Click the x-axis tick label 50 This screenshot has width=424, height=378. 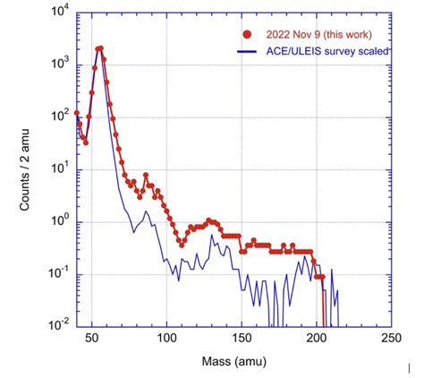pyautogui.click(x=92, y=339)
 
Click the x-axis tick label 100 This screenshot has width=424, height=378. pyautogui.click(x=166, y=339)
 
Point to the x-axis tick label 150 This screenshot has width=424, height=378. pyautogui.click(x=241, y=339)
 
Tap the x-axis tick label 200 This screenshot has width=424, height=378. pyautogui.click(x=315, y=339)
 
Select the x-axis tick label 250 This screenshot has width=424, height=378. pyautogui.click(x=389, y=339)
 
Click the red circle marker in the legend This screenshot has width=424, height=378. pyautogui.click(x=247, y=35)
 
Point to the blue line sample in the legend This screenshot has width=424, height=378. pyautogui.click(x=247, y=52)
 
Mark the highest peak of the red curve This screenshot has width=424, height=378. pyautogui.click(x=99, y=48)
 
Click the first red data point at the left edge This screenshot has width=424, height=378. pyautogui.click(x=77, y=114)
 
